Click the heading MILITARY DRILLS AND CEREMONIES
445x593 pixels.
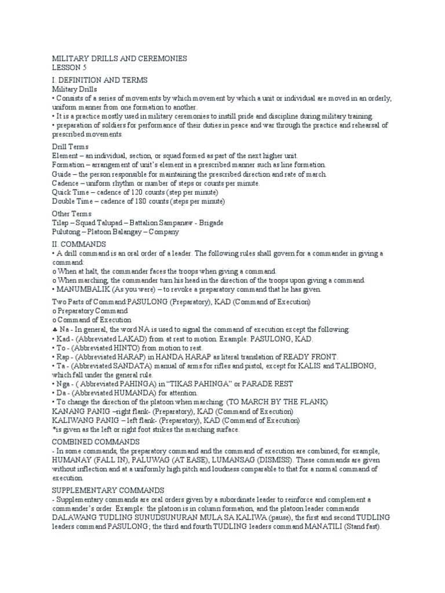(119, 58)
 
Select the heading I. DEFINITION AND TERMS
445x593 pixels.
(100, 80)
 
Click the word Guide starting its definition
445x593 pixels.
(62, 174)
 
